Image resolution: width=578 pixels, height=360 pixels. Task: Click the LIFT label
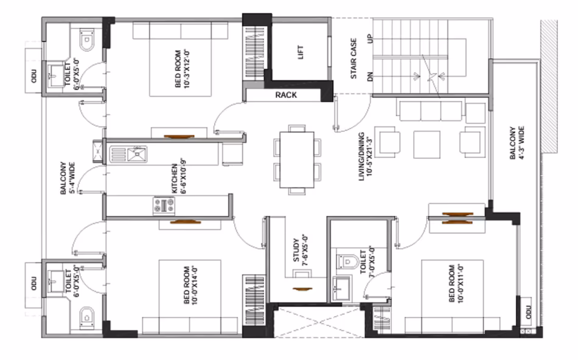pos(301,52)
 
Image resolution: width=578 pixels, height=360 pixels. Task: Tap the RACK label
pos(286,95)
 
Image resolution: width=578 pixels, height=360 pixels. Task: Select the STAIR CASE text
pos(353,58)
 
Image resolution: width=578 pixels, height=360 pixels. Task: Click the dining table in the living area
pos(297,160)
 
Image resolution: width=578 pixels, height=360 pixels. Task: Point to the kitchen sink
pos(137,154)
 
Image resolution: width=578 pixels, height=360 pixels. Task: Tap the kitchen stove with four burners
pos(164,206)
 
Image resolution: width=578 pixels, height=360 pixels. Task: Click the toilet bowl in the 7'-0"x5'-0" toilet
pos(347,261)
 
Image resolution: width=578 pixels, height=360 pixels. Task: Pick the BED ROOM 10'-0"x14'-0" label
pos(190,285)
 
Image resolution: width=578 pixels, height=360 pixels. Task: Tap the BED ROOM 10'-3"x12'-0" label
pos(182,69)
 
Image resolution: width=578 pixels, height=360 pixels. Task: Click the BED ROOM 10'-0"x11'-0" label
pos(456,283)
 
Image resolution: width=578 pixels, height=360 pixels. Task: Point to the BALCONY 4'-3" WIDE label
pos(517,143)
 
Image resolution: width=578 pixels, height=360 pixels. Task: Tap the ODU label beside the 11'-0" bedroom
pos(529,312)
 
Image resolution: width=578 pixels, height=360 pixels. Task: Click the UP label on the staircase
pos(371,38)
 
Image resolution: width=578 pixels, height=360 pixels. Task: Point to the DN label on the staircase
pos(371,77)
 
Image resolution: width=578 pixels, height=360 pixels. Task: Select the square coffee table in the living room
pos(427,145)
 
